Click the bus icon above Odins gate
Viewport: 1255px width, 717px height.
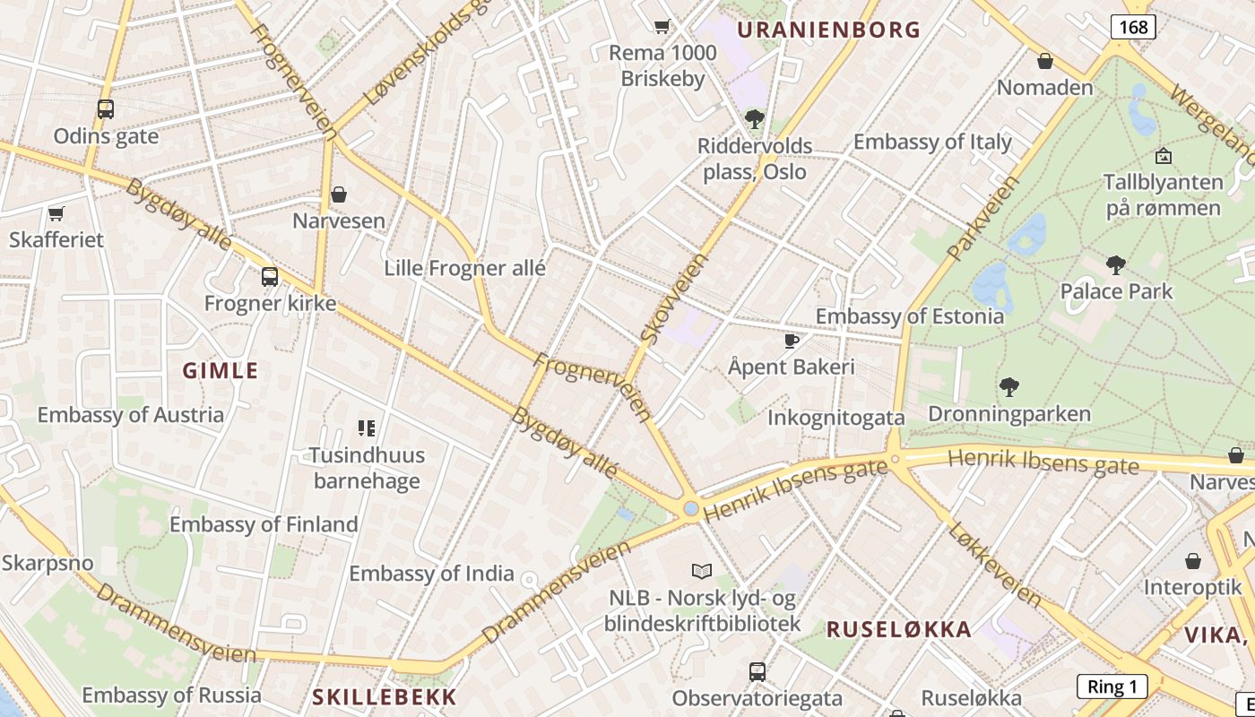coord(106,109)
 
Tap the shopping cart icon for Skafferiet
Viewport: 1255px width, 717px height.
coord(56,213)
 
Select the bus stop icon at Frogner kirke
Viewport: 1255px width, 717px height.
coord(270,277)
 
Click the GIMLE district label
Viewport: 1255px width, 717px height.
coord(221,371)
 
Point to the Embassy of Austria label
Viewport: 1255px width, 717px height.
coord(131,415)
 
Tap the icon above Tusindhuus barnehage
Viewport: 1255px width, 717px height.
coord(366,428)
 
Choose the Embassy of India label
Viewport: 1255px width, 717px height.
coord(431,574)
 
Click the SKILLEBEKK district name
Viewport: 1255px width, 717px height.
coord(385,696)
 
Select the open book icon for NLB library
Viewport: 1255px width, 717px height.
coord(702,571)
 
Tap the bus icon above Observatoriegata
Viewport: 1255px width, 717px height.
coord(757,671)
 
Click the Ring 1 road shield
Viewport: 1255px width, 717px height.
coord(1112,687)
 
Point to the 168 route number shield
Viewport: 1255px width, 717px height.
coord(1133,27)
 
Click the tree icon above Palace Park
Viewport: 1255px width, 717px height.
coord(1116,265)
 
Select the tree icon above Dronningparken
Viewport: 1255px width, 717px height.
coord(1009,387)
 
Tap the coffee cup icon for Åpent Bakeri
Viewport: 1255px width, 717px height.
coord(792,341)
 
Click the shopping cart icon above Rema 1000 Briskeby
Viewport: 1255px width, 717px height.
coord(662,27)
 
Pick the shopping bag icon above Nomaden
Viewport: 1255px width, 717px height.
coord(1045,61)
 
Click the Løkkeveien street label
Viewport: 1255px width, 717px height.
coord(996,564)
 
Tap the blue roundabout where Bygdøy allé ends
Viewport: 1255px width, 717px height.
coord(690,509)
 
